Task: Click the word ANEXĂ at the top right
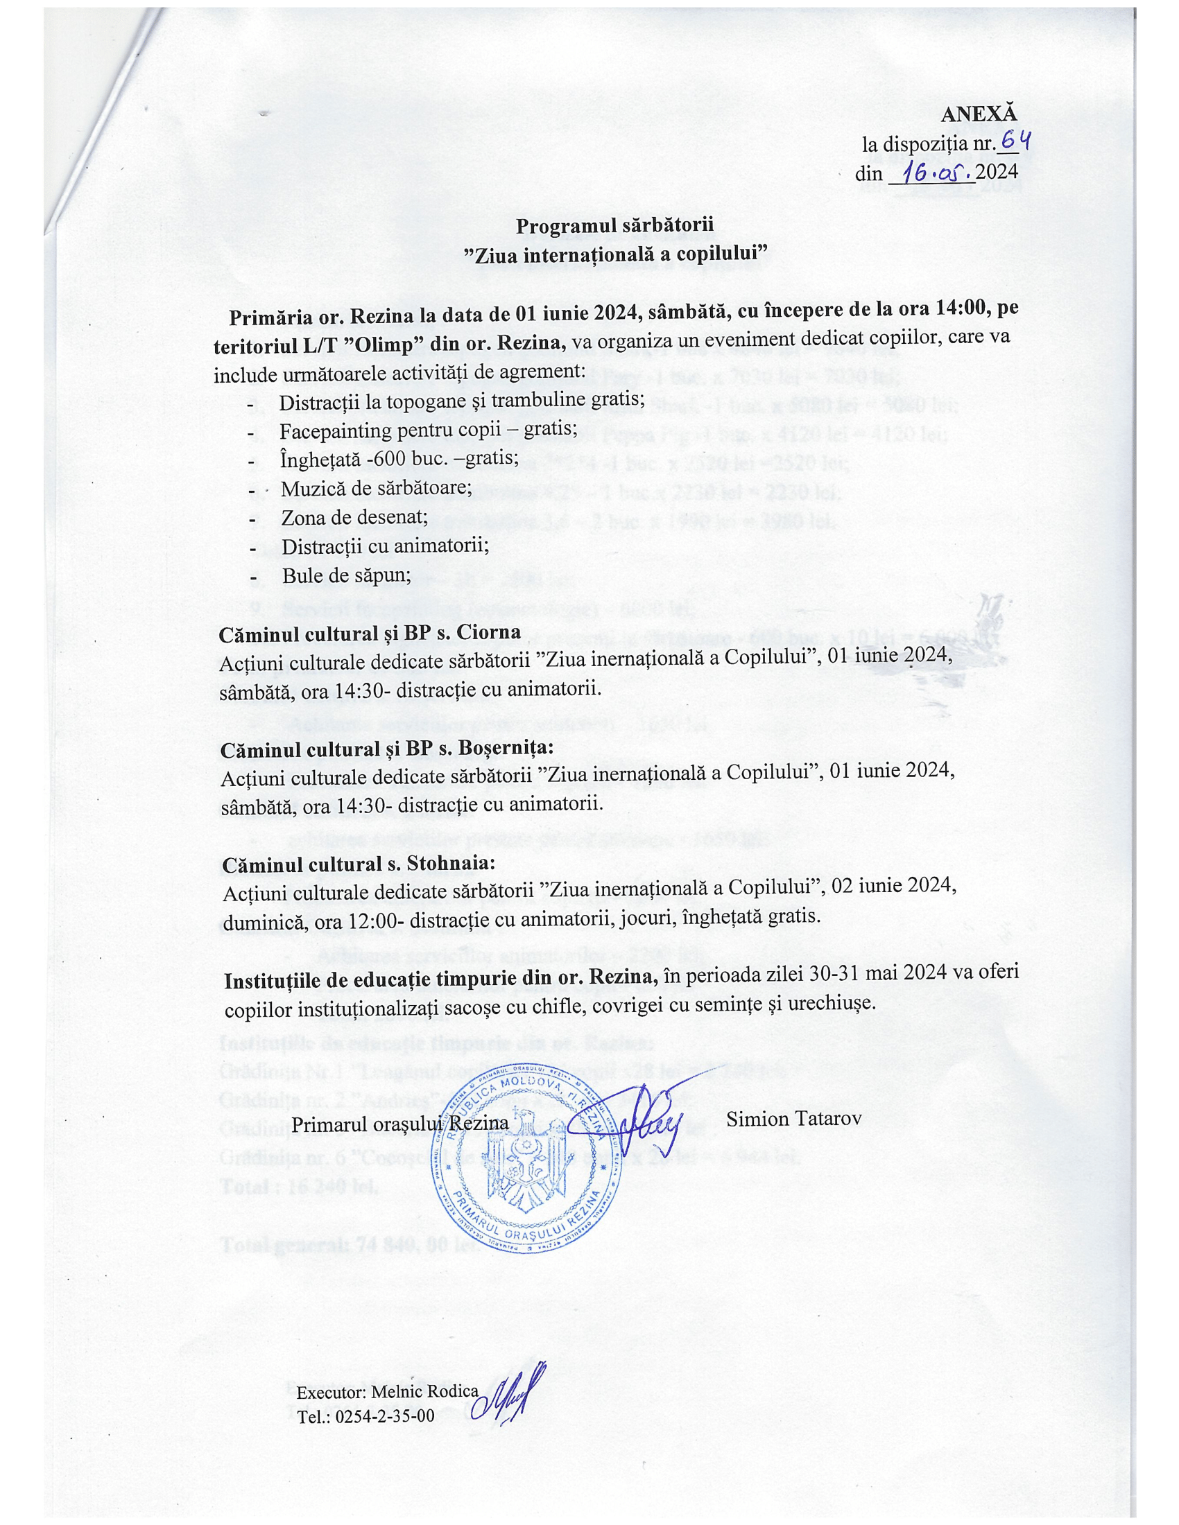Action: [x=979, y=115]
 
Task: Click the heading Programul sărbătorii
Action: [x=614, y=226]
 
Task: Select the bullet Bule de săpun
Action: [x=346, y=575]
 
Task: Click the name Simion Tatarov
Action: [x=793, y=1119]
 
